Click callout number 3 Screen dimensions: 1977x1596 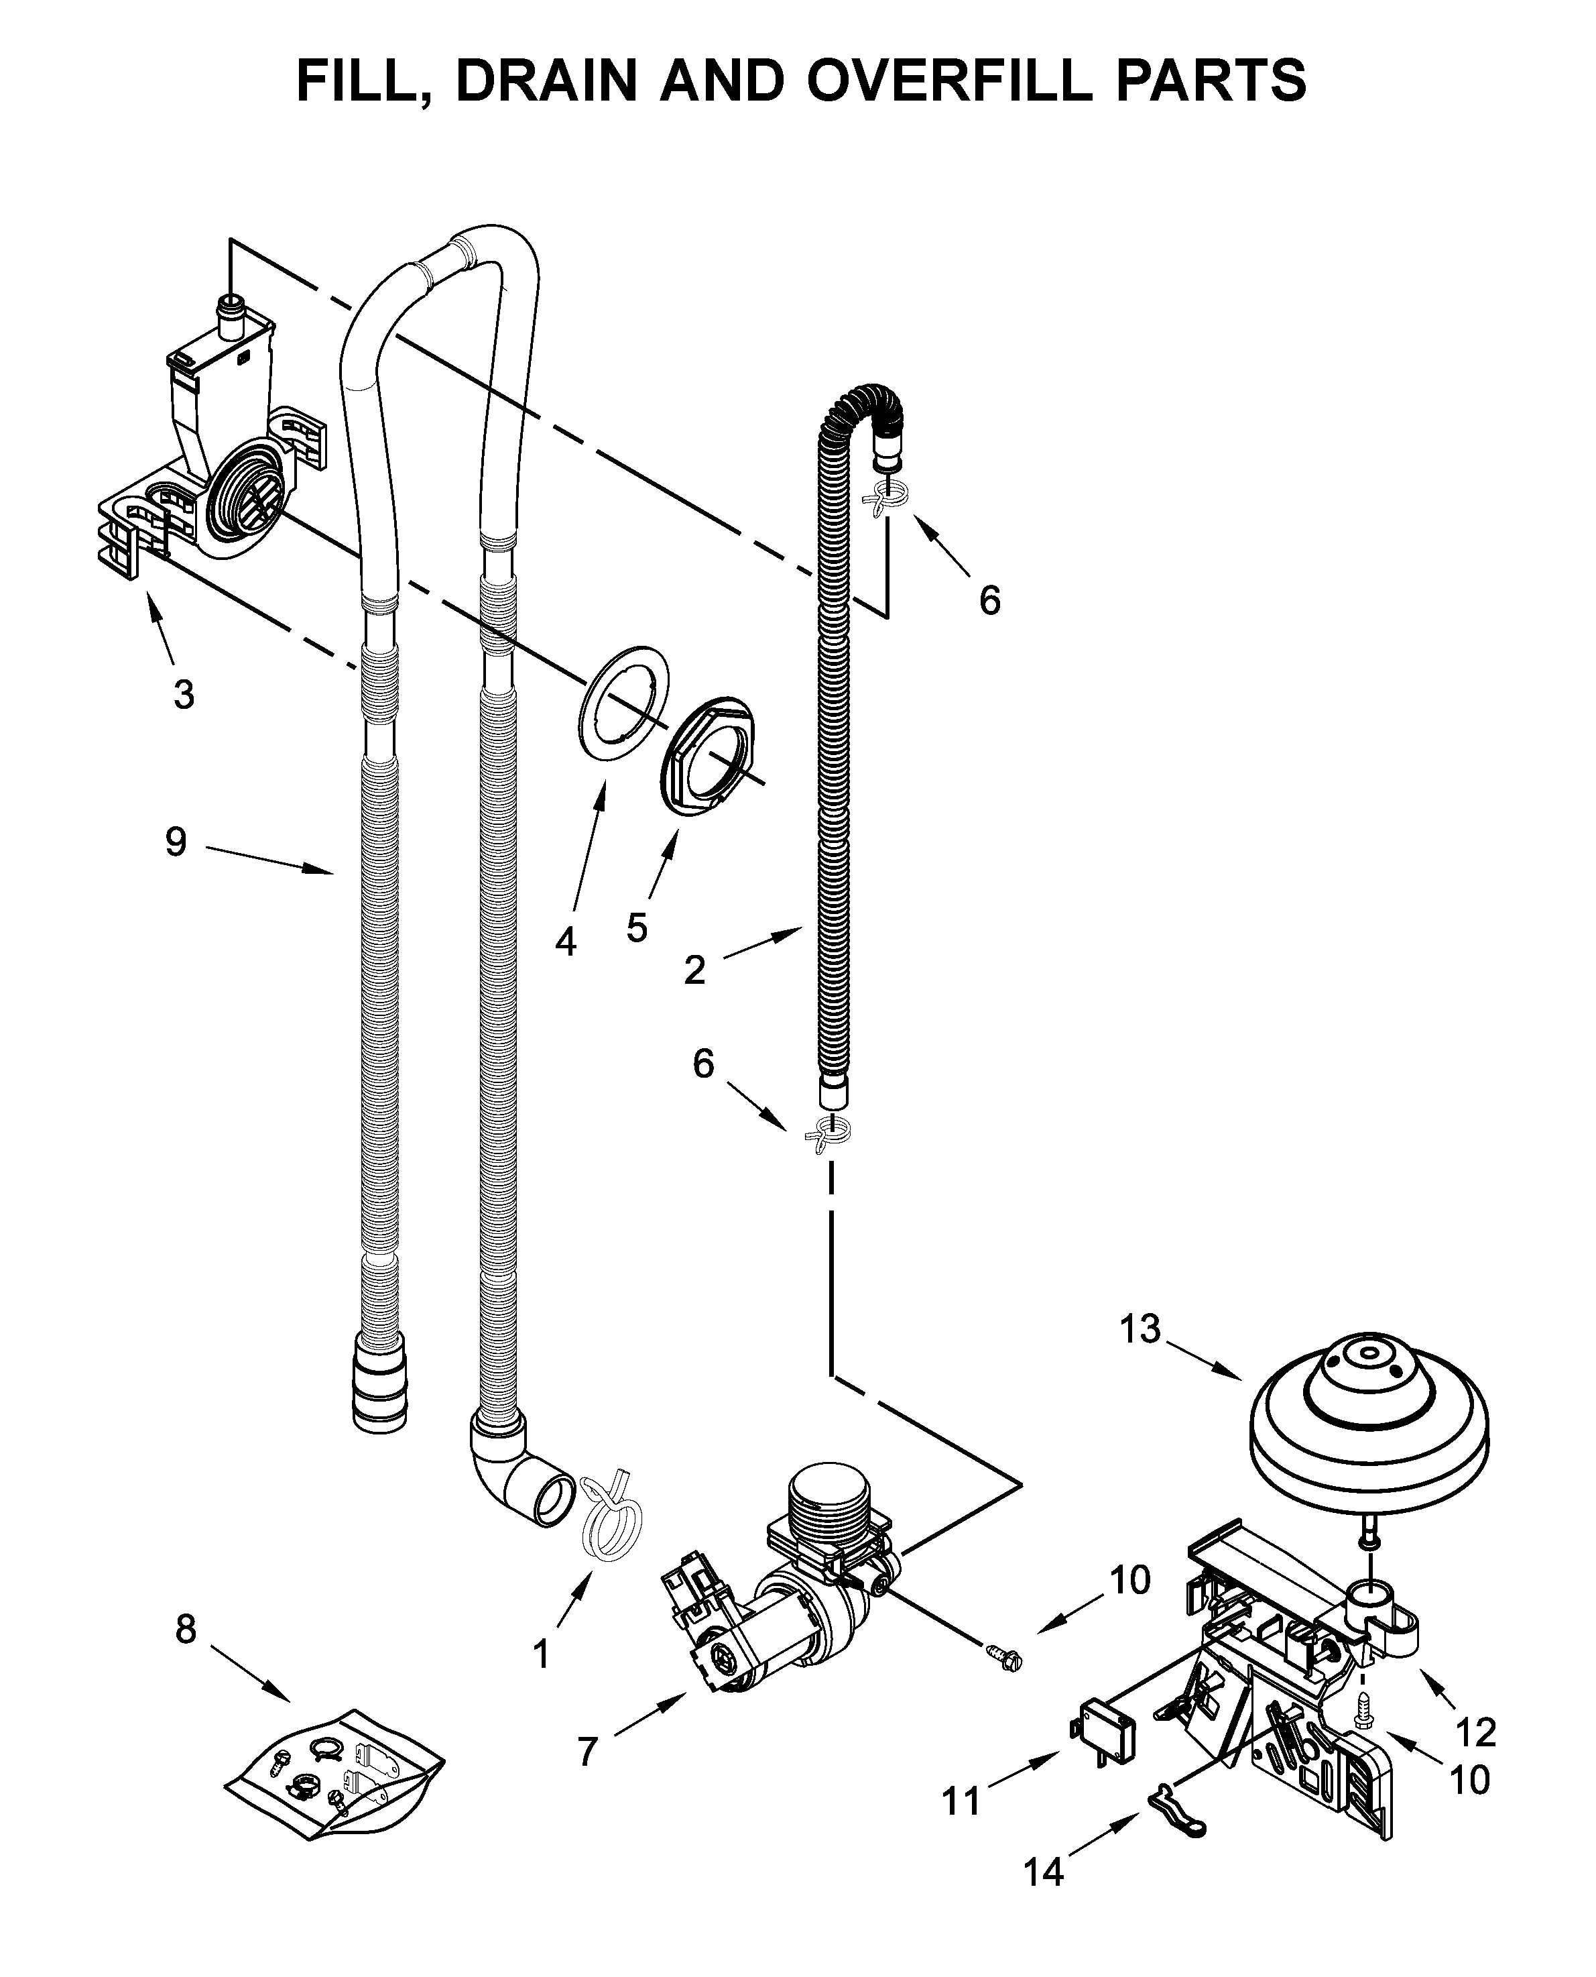pyautogui.click(x=184, y=694)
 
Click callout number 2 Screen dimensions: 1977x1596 pyautogui.click(x=695, y=969)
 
